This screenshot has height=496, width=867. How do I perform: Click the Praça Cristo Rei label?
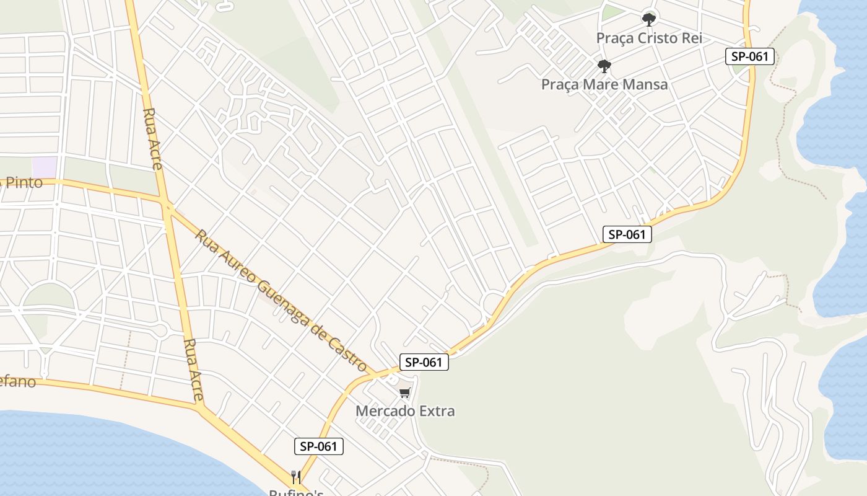click(x=648, y=38)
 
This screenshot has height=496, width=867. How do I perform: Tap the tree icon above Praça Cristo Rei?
click(x=648, y=20)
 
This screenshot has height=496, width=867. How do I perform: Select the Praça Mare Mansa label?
click(x=604, y=84)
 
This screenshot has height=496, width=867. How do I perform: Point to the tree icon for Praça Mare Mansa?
click(x=604, y=66)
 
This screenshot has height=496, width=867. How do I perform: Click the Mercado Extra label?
click(x=405, y=410)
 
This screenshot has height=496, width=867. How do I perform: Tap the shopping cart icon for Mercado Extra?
click(x=405, y=392)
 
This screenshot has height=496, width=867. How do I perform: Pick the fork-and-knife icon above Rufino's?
click(x=296, y=477)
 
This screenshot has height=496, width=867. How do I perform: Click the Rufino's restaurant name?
click(x=296, y=492)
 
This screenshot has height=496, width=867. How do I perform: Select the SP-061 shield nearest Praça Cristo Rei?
click(x=749, y=56)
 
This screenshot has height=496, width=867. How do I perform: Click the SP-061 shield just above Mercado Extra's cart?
click(x=424, y=362)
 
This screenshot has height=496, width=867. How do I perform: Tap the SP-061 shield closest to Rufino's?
click(x=318, y=446)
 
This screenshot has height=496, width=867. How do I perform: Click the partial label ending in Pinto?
click(x=22, y=182)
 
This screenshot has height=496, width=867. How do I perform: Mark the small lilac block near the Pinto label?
click(x=44, y=167)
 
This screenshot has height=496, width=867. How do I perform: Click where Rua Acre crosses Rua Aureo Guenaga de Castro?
click(x=166, y=205)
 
